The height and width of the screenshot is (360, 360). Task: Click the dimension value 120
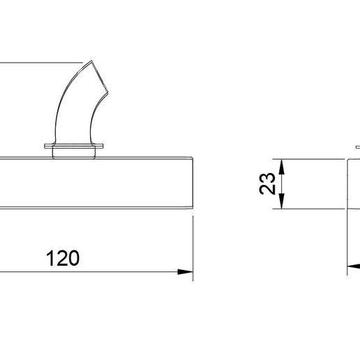tap(63, 258)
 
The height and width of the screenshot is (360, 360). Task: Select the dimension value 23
tap(267, 183)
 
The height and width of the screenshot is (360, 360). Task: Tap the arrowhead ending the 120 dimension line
tap(185, 271)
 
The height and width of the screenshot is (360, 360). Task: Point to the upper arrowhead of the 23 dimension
tap(282, 167)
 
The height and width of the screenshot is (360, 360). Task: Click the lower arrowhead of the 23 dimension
tap(282, 201)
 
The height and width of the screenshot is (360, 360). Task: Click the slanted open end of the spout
tap(100, 76)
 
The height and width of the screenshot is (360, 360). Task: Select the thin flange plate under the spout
tap(74, 146)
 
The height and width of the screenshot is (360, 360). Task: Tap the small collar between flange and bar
tap(74, 153)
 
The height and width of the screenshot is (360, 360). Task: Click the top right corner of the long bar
tap(193, 158)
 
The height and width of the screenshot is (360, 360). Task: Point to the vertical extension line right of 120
tap(193, 248)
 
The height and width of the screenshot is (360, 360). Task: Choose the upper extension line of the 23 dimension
tap(308, 159)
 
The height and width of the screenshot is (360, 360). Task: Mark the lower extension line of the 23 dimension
tap(308, 209)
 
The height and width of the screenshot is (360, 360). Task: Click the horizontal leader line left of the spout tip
tap(41, 62)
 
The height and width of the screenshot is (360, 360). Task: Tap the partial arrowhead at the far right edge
tap(354, 267)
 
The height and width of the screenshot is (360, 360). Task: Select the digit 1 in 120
tap(49, 258)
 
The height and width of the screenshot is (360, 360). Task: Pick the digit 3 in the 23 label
tap(267, 178)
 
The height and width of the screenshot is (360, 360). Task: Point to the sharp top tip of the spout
tap(91, 61)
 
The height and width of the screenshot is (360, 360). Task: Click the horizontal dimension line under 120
tap(96, 271)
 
